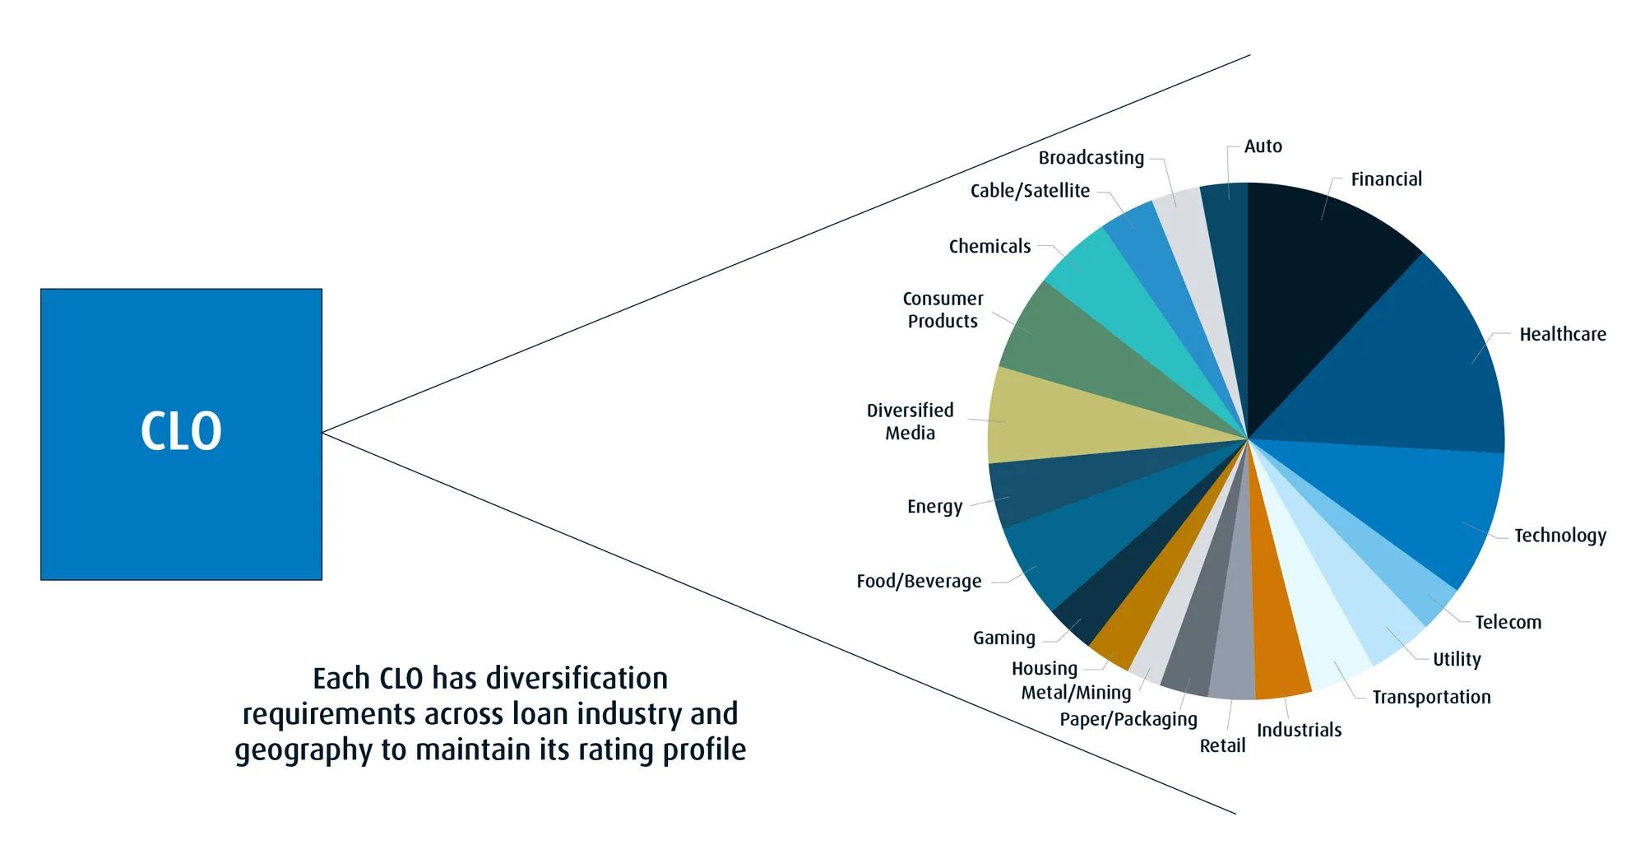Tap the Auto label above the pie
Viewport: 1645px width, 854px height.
(1263, 146)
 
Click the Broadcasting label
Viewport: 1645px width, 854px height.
(1091, 157)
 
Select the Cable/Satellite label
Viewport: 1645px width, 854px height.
(1030, 191)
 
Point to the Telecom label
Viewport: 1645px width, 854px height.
(1508, 622)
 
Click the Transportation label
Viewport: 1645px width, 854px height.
(1431, 697)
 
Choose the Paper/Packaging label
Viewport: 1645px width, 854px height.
(1128, 719)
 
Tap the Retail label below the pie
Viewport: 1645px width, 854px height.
(1222, 745)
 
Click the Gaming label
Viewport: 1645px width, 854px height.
(1003, 638)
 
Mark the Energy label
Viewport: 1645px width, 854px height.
(934, 506)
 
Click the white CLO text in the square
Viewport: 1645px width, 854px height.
(181, 432)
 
